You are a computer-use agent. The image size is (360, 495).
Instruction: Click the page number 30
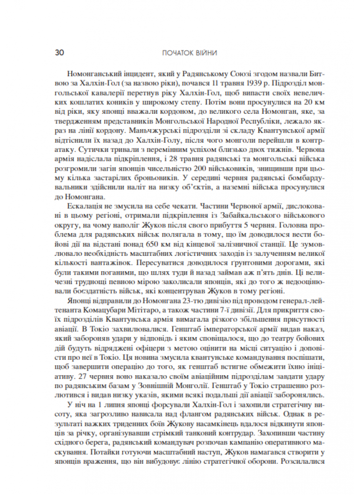[58, 52]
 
